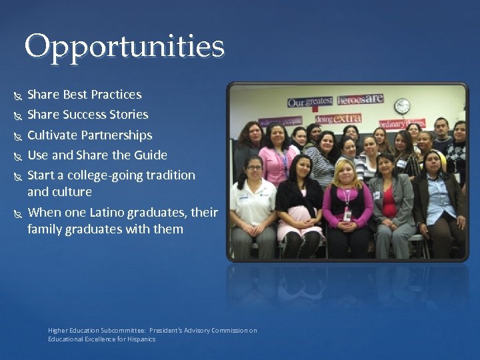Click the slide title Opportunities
tap(125, 47)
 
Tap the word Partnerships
tap(117, 135)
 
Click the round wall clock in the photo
tap(402, 106)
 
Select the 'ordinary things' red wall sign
tap(402, 124)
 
